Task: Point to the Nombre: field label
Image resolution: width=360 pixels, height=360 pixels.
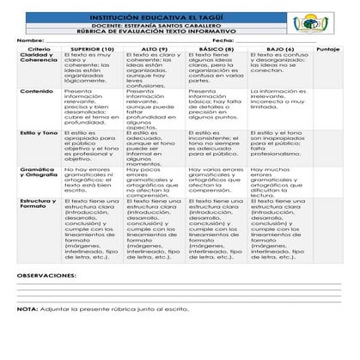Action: click(30, 40)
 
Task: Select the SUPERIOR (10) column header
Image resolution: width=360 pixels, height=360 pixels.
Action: click(93, 49)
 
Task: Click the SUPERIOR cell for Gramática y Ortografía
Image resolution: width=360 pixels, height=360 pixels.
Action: click(93, 179)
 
